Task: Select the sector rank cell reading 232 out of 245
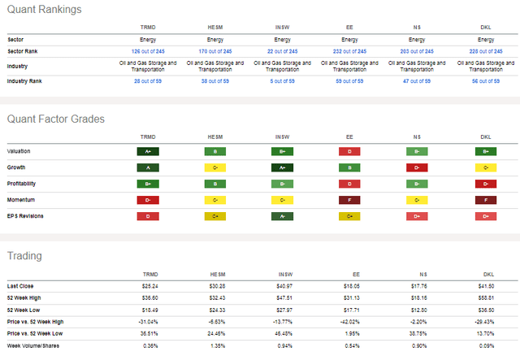[x=349, y=51]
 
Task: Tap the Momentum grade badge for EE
[x=349, y=200]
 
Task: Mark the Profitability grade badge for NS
[x=416, y=184]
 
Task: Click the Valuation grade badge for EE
[x=349, y=151]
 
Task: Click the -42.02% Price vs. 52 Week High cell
[x=349, y=322]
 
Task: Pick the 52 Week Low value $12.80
[x=416, y=310]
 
